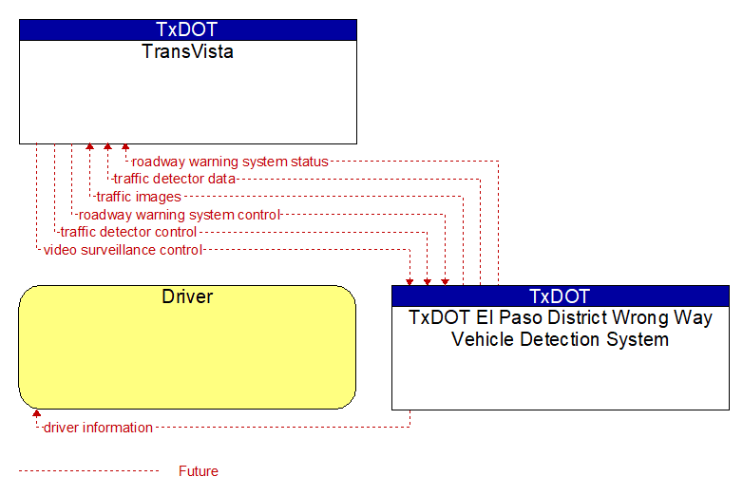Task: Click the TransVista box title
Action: coord(187,51)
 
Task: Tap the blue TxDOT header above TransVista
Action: coord(187,29)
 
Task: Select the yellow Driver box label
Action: coord(187,296)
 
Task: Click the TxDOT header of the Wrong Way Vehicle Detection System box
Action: coord(560,296)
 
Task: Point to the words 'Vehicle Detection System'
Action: coord(560,339)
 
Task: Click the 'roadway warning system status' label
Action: coord(230,162)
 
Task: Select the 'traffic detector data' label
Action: coord(175,179)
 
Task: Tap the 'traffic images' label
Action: coord(139,197)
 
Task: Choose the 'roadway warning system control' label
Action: coord(180,215)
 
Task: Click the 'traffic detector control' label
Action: coord(128,232)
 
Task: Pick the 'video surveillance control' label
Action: coord(123,250)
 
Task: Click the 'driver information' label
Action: coord(98,428)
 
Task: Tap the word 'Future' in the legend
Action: coord(199,471)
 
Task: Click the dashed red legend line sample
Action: coord(89,471)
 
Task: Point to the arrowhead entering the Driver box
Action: coord(36,413)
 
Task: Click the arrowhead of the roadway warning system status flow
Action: coord(125,147)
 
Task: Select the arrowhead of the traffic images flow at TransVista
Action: coord(89,147)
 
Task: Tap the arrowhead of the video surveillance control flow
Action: coord(410,282)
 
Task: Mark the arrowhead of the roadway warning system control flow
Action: coord(445,282)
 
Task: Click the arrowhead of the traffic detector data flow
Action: coord(107,147)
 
